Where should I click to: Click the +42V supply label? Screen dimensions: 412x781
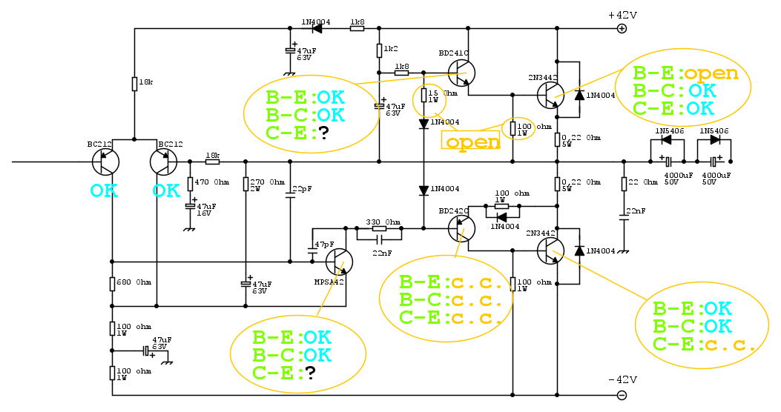[622, 15]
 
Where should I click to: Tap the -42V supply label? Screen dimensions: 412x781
[622, 379]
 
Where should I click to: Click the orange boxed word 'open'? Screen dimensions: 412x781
[472, 141]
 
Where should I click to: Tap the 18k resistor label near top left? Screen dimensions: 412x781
[145, 83]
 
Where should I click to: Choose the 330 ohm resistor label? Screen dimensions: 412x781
[383, 222]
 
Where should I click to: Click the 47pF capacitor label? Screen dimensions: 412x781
[324, 244]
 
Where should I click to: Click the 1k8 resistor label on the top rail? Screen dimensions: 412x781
[357, 22]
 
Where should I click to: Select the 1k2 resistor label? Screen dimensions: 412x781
[391, 50]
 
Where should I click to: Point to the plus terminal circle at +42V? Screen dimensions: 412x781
[622, 29]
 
